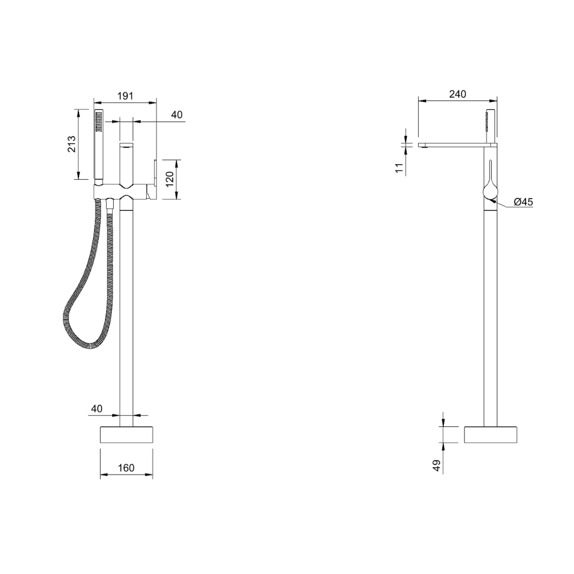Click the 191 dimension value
click(125, 96)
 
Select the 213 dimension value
click(71, 144)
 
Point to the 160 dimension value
click(126, 468)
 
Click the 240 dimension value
click(458, 94)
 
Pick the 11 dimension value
click(399, 167)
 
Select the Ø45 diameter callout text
click(523, 202)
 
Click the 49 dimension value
click(437, 466)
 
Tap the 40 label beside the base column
click(97, 409)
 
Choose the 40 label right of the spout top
click(177, 115)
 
